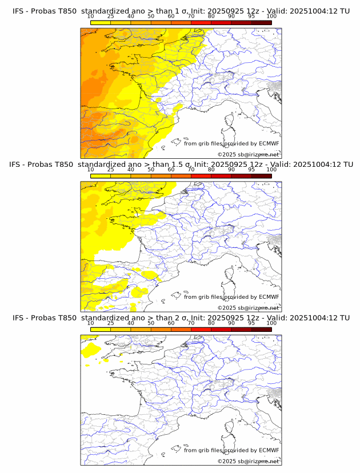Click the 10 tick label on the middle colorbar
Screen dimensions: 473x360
pos(91,169)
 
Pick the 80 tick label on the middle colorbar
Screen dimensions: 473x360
pos(211,169)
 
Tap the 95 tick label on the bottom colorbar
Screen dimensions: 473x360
pos(251,323)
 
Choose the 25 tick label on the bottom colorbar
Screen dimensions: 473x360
pos(111,323)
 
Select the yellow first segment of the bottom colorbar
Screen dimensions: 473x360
pos(101,329)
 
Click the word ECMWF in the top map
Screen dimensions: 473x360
pos(269,143)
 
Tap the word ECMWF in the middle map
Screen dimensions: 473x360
pos(269,297)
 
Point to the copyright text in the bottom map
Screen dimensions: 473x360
pos(248,461)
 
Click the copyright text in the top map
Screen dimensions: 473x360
pos(248,154)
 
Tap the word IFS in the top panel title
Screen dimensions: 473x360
pos(19,11)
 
